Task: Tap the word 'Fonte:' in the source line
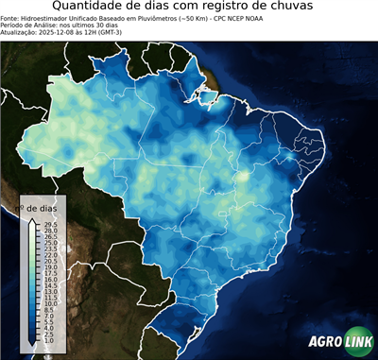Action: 9,17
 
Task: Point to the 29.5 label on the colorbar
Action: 50,224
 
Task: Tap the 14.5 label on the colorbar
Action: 50,285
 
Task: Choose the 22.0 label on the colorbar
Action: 50,255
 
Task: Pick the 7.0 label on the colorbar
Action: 50,316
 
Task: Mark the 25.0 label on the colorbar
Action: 50,243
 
